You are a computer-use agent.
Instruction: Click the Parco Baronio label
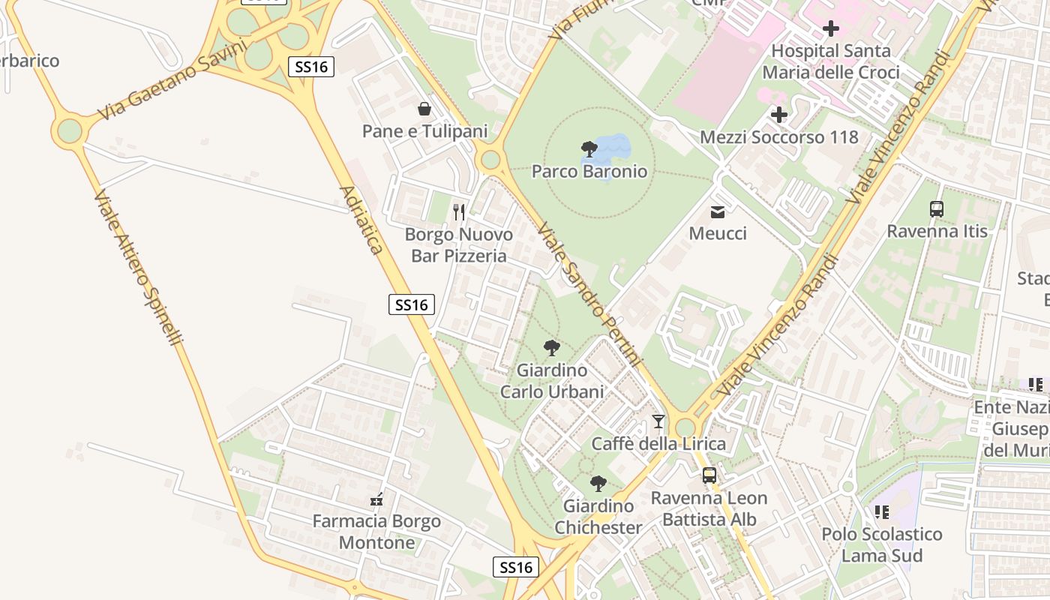pyautogui.click(x=589, y=172)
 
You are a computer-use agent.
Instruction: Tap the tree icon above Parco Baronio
pyautogui.click(x=589, y=148)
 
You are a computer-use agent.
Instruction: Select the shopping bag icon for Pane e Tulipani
pyautogui.click(x=424, y=109)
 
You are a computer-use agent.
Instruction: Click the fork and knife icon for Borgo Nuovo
pyautogui.click(x=459, y=212)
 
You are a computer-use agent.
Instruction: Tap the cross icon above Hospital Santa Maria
pyautogui.click(x=830, y=29)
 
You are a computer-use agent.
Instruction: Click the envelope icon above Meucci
pyautogui.click(x=718, y=212)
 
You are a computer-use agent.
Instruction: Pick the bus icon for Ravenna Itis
pyautogui.click(x=937, y=209)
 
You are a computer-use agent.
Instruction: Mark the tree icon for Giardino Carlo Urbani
pyautogui.click(x=552, y=348)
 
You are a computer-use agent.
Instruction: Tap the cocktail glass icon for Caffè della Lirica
pyautogui.click(x=658, y=421)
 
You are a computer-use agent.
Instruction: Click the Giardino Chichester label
pyautogui.click(x=598, y=517)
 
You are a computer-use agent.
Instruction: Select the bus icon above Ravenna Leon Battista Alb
pyautogui.click(x=709, y=475)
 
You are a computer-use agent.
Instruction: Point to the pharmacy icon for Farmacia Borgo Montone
pyautogui.click(x=376, y=499)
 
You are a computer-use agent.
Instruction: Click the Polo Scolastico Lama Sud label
pyautogui.click(x=881, y=544)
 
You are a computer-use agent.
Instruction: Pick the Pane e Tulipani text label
pyautogui.click(x=424, y=131)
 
